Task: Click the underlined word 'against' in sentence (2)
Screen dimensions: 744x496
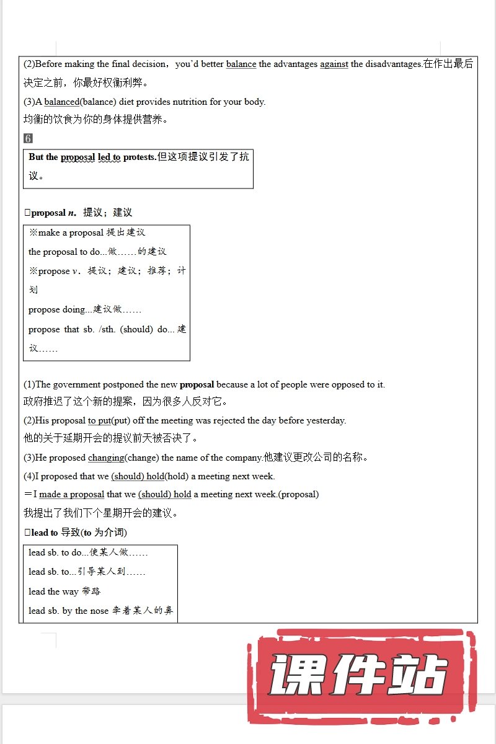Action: coord(334,64)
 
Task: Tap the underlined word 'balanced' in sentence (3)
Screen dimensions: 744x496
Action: coord(61,102)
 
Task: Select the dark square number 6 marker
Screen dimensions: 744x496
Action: coord(28,138)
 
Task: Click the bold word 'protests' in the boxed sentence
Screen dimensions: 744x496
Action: coord(139,157)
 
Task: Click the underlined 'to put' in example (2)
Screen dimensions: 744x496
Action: coord(99,420)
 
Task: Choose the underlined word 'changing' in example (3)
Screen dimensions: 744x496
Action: coord(106,458)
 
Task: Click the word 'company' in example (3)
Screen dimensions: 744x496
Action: coord(244,458)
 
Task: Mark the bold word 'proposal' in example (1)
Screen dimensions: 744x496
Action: coord(197,384)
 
